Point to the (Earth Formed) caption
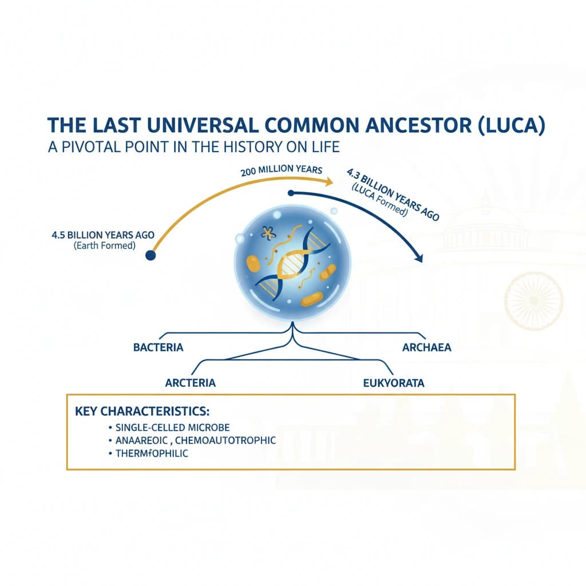104,245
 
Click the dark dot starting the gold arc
151,256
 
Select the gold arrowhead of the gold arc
328,182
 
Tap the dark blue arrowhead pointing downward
419,259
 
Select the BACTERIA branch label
158,347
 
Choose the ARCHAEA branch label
426,347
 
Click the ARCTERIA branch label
191,383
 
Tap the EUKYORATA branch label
394,383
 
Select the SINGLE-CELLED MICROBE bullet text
172,427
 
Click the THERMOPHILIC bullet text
152,453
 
